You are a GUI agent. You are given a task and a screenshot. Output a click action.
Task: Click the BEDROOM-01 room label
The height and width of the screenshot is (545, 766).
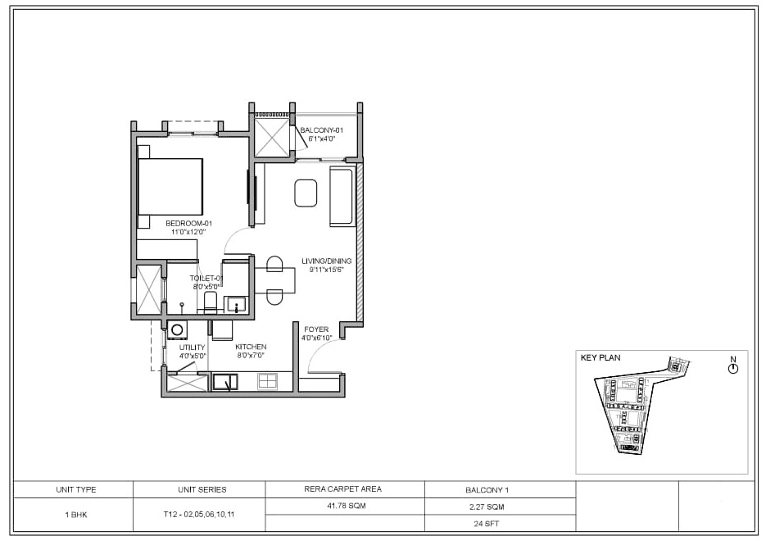pyautogui.click(x=189, y=223)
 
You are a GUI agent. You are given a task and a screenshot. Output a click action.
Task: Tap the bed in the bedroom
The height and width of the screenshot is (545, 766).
pyautogui.click(x=170, y=187)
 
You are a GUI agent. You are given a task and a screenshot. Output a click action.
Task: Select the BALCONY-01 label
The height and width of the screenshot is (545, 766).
pyautogui.click(x=321, y=130)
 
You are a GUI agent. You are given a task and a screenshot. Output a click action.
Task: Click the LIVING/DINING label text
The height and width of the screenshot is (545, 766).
pyautogui.click(x=326, y=261)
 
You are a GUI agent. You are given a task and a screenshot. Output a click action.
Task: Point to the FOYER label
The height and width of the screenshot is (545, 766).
pyautogui.click(x=315, y=329)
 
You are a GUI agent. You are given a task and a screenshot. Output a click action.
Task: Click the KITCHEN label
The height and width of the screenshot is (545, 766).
pyautogui.click(x=250, y=347)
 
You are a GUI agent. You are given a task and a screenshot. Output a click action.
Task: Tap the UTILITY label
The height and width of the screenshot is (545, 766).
pyautogui.click(x=192, y=347)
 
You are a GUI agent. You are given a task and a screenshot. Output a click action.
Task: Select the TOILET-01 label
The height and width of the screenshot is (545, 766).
pyautogui.click(x=207, y=279)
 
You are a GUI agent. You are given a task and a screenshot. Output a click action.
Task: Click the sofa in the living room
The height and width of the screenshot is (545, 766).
pyautogui.click(x=342, y=196)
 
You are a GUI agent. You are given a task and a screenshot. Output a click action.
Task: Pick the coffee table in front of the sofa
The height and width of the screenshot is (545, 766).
pyautogui.click(x=306, y=193)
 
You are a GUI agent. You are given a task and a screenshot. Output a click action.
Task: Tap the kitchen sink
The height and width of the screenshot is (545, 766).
pyautogui.click(x=224, y=381)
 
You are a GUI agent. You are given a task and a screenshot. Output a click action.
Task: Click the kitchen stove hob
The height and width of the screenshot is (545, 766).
pyautogui.click(x=267, y=381)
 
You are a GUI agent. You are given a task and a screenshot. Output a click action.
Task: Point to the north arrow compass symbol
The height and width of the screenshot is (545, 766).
pyautogui.click(x=732, y=369)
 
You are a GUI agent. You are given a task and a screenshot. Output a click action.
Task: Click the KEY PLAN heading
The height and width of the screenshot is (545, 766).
pyautogui.click(x=601, y=358)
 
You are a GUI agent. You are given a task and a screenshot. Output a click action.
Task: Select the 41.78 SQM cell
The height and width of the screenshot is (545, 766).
pyautogui.click(x=345, y=506)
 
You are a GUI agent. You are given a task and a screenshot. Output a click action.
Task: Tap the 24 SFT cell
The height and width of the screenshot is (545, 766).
pyautogui.click(x=500, y=523)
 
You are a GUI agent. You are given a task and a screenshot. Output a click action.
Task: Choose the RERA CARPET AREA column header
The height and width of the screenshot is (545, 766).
pyautogui.click(x=345, y=489)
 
